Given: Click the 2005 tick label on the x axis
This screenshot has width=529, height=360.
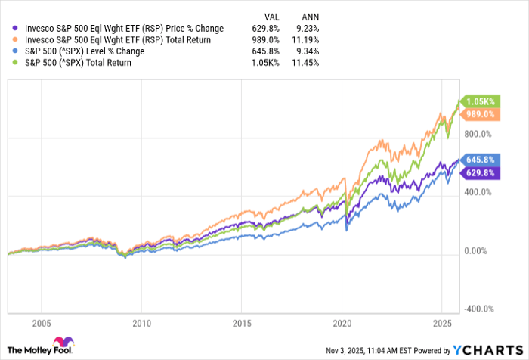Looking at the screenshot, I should (x=42, y=324).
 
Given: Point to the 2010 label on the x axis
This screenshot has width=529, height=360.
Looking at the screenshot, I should (x=141, y=324).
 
